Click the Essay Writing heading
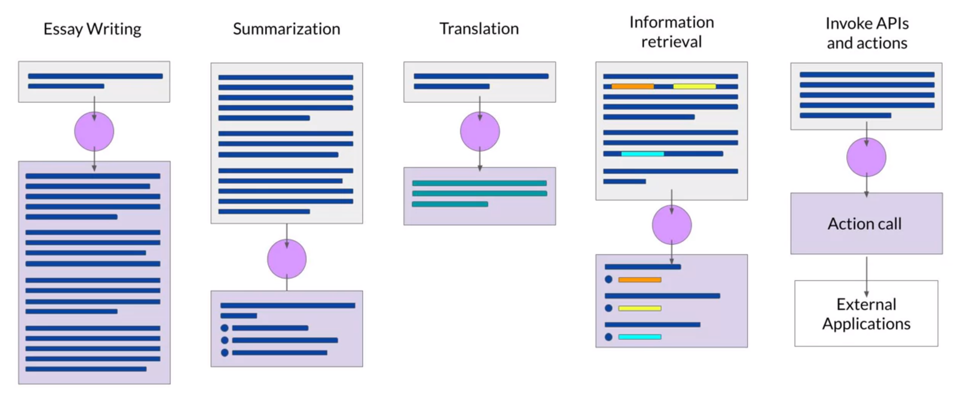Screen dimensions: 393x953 pyautogui.click(x=92, y=29)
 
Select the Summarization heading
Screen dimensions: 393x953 pyautogui.click(x=286, y=29)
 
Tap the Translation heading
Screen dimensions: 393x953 pyautogui.click(x=479, y=29)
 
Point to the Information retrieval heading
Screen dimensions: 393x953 pyautogui.click(x=671, y=32)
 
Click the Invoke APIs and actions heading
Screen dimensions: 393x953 pyautogui.click(x=866, y=33)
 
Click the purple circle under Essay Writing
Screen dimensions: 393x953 pyautogui.click(x=94, y=132)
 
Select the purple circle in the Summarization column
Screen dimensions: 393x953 pyautogui.click(x=287, y=259)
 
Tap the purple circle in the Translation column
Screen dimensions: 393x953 pyautogui.click(x=480, y=132)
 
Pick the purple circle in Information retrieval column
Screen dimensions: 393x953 pyautogui.click(x=671, y=225)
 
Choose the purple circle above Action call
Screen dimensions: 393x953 pyautogui.click(x=866, y=158)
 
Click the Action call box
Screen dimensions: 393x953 pyautogui.click(x=866, y=223)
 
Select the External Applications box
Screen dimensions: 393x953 pyautogui.click(x=866, y=313)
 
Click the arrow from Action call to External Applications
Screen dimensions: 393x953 pyautogui.click(x=866, y=276)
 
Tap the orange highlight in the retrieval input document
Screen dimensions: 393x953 pyautogui.click(x=632, y=87)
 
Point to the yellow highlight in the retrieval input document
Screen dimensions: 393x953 pyautogui.click(x=694, y=87)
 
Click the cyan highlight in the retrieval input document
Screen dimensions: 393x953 pyautogui.click(x=642, y=153)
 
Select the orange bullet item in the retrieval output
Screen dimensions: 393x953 pyautogui.click(x=639, y=280)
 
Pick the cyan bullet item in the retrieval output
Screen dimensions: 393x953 pyautogui.click(x=639, y=337)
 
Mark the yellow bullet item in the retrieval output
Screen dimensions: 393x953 pyautogui.click(x=639, y=308)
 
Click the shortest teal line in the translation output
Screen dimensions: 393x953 pyautogui.click(x=450, y=204)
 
